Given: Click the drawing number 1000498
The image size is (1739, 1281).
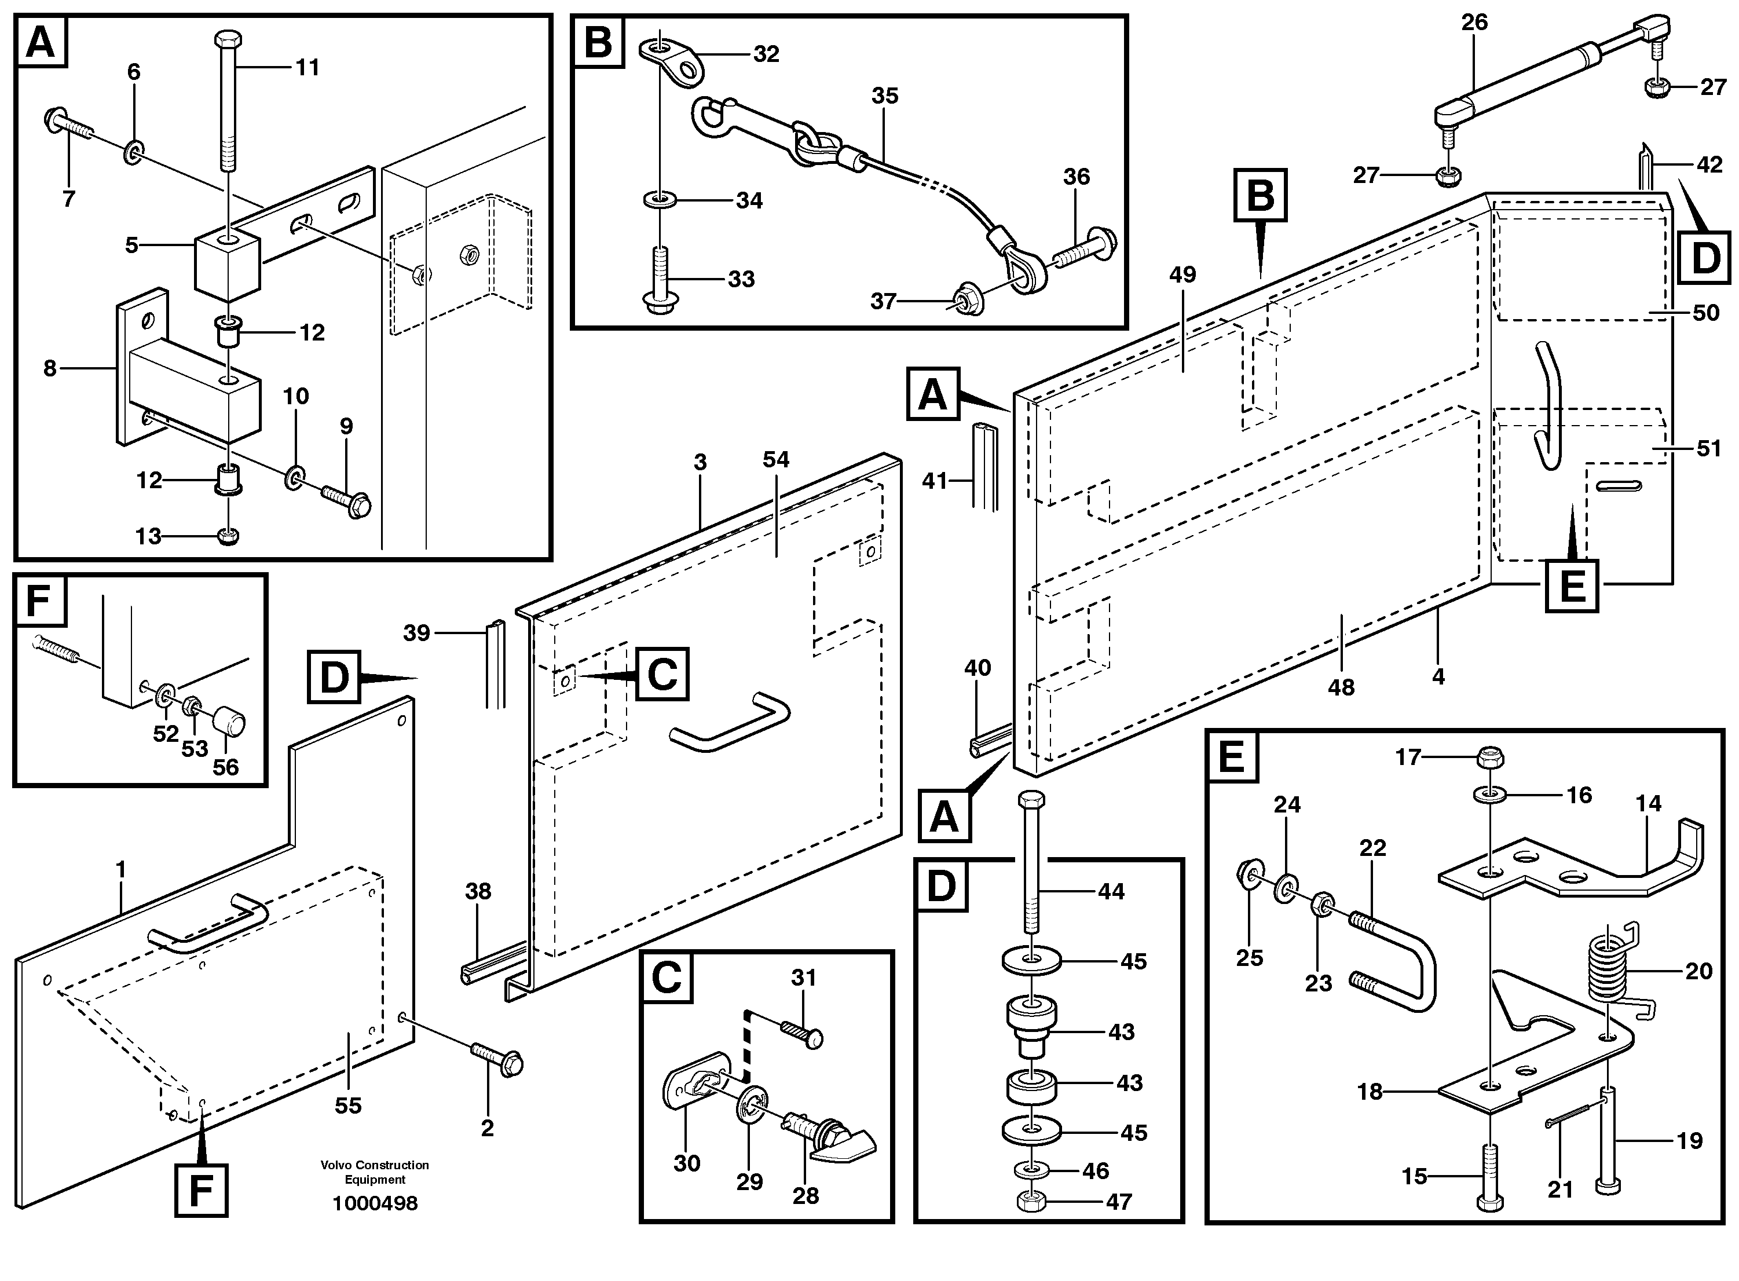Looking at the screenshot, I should pyautogui.click(x=375, y=1203).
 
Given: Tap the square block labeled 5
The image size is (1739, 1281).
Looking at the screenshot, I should pyautogui.click(x=228, y=263).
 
